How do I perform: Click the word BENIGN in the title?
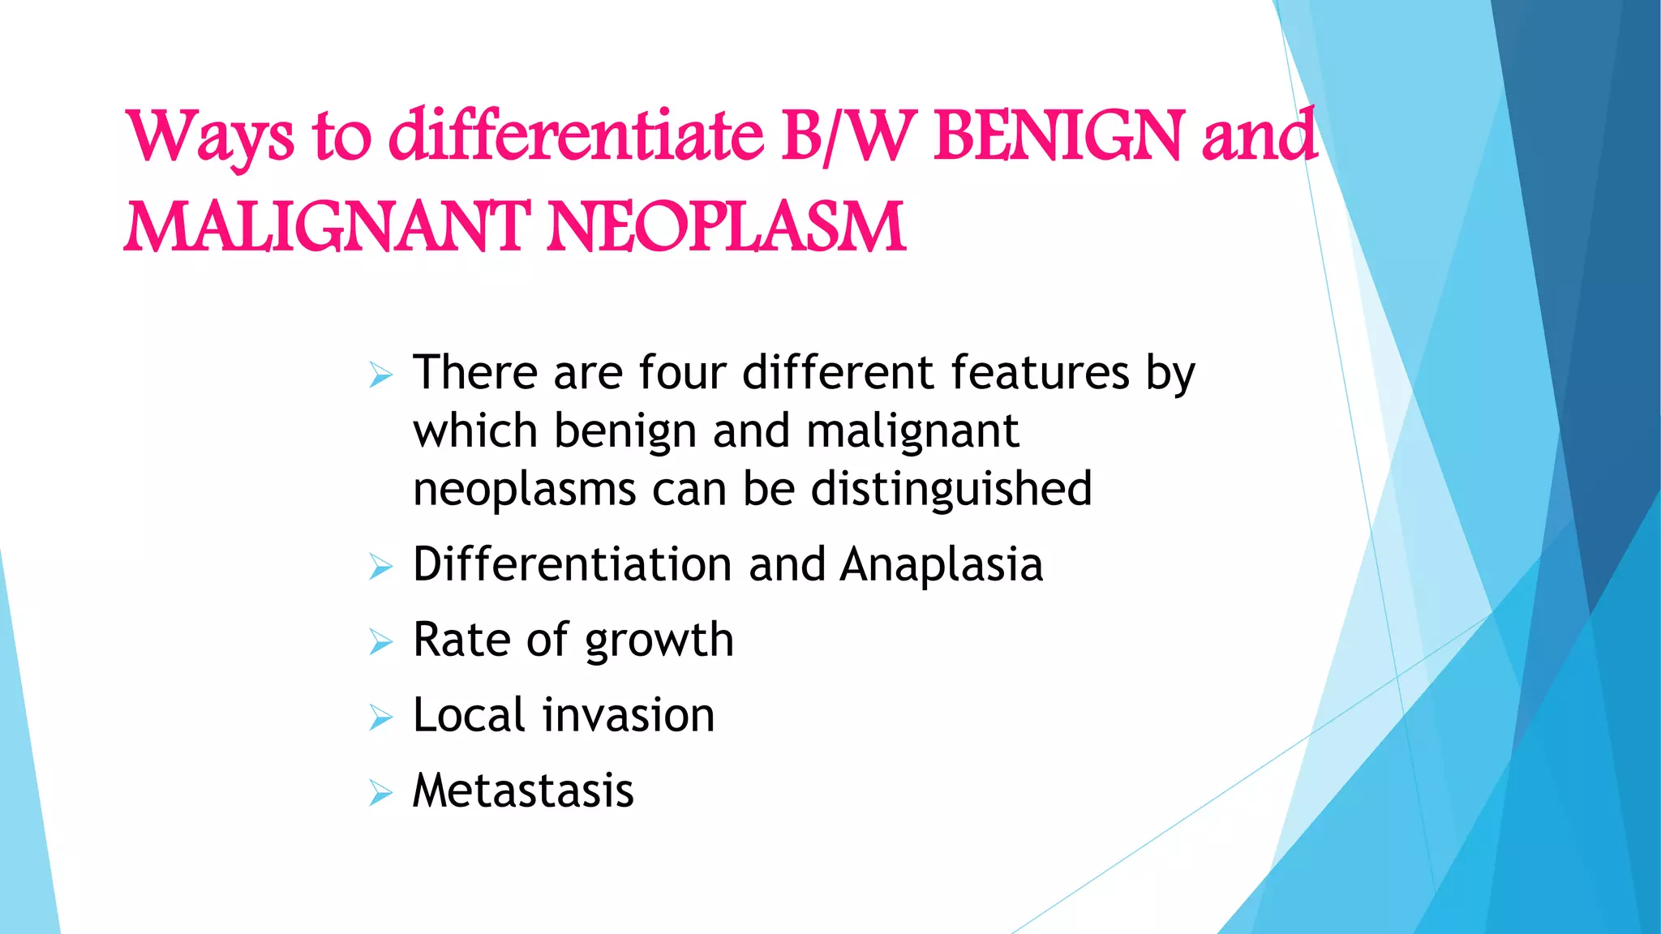point(1058,135)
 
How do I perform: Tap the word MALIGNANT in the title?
point(326,228)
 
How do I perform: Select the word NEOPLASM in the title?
point(726,228)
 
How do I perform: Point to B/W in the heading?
point(849,135)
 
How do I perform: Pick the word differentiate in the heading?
point(576,135)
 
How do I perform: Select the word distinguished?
point(951,490)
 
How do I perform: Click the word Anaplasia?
point(941,564)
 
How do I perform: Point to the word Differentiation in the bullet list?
point(573,564)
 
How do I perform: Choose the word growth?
point(659,641)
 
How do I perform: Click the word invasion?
point(629,715)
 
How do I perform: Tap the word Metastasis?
point(523,790)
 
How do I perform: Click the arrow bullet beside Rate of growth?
point(380,643)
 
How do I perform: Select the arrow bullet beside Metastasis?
point(380,793)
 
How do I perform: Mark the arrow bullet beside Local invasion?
point(380,718)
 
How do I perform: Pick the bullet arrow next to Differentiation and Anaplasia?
point(380,567)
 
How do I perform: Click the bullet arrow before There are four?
point(380,375)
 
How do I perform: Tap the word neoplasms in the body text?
point(524,490)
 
